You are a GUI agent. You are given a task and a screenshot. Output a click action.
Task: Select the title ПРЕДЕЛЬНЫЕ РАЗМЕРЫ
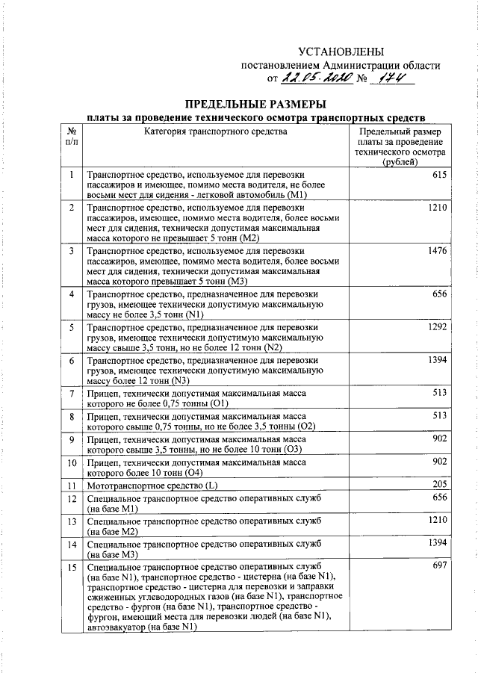[x=255, y=102]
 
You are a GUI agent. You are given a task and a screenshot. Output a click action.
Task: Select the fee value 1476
[x=437, y=252]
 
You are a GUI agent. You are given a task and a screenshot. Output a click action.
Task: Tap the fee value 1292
[x=437, y=326]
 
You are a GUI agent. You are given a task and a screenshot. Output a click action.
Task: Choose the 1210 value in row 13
[x=437, y=518]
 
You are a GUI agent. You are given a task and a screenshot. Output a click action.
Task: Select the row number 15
[x=71, y=566]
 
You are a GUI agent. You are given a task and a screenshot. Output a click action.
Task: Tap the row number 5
[x=71, y=327]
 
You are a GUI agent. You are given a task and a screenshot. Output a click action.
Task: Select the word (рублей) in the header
[x=400, y=162]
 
